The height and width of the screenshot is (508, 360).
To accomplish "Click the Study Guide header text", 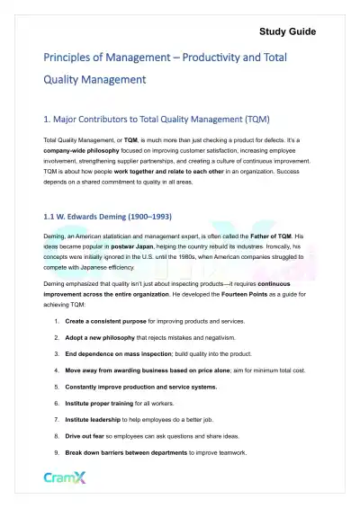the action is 287,31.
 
